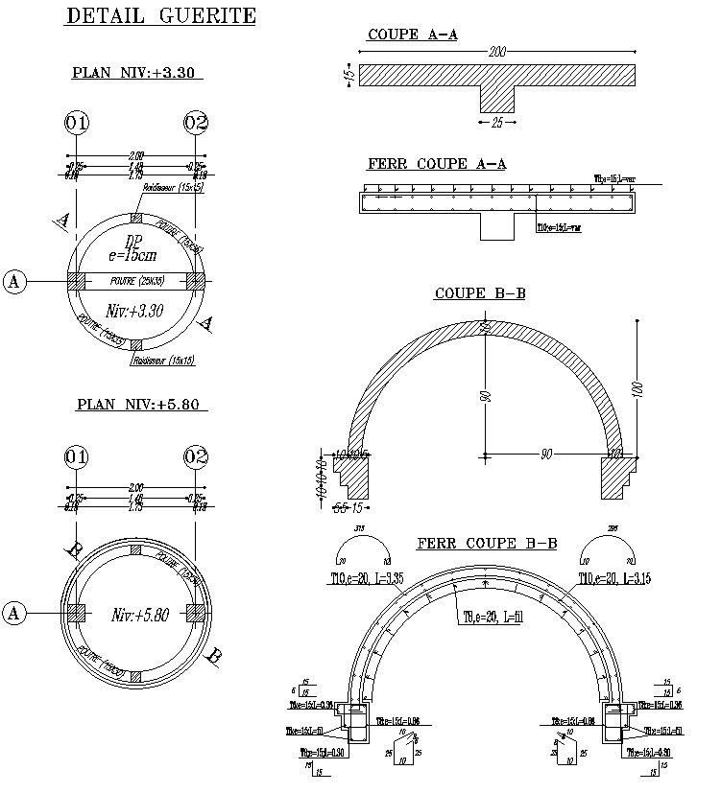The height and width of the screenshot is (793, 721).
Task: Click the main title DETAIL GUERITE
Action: pos(160,15)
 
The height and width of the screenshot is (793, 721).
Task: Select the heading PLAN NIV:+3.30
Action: pos(137,73)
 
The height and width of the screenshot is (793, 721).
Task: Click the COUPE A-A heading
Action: pos(412,35)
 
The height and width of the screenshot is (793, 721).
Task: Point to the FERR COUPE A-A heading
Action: pos(437,164)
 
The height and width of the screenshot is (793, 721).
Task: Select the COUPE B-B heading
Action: pos(479,293)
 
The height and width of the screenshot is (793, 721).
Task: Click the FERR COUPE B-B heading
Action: pos(487,544)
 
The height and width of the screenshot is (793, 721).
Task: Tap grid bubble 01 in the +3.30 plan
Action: pos(77,123)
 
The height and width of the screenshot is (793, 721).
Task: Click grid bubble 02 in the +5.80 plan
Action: pos(196,456)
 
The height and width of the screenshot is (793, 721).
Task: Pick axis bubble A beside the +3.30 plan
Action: pos(14,281)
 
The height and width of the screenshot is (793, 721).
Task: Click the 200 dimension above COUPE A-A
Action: pos(496,52)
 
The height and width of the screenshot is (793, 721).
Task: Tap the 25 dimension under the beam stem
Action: pos(496,123)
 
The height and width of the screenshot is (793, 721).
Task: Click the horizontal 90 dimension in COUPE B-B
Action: pos(545,455)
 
